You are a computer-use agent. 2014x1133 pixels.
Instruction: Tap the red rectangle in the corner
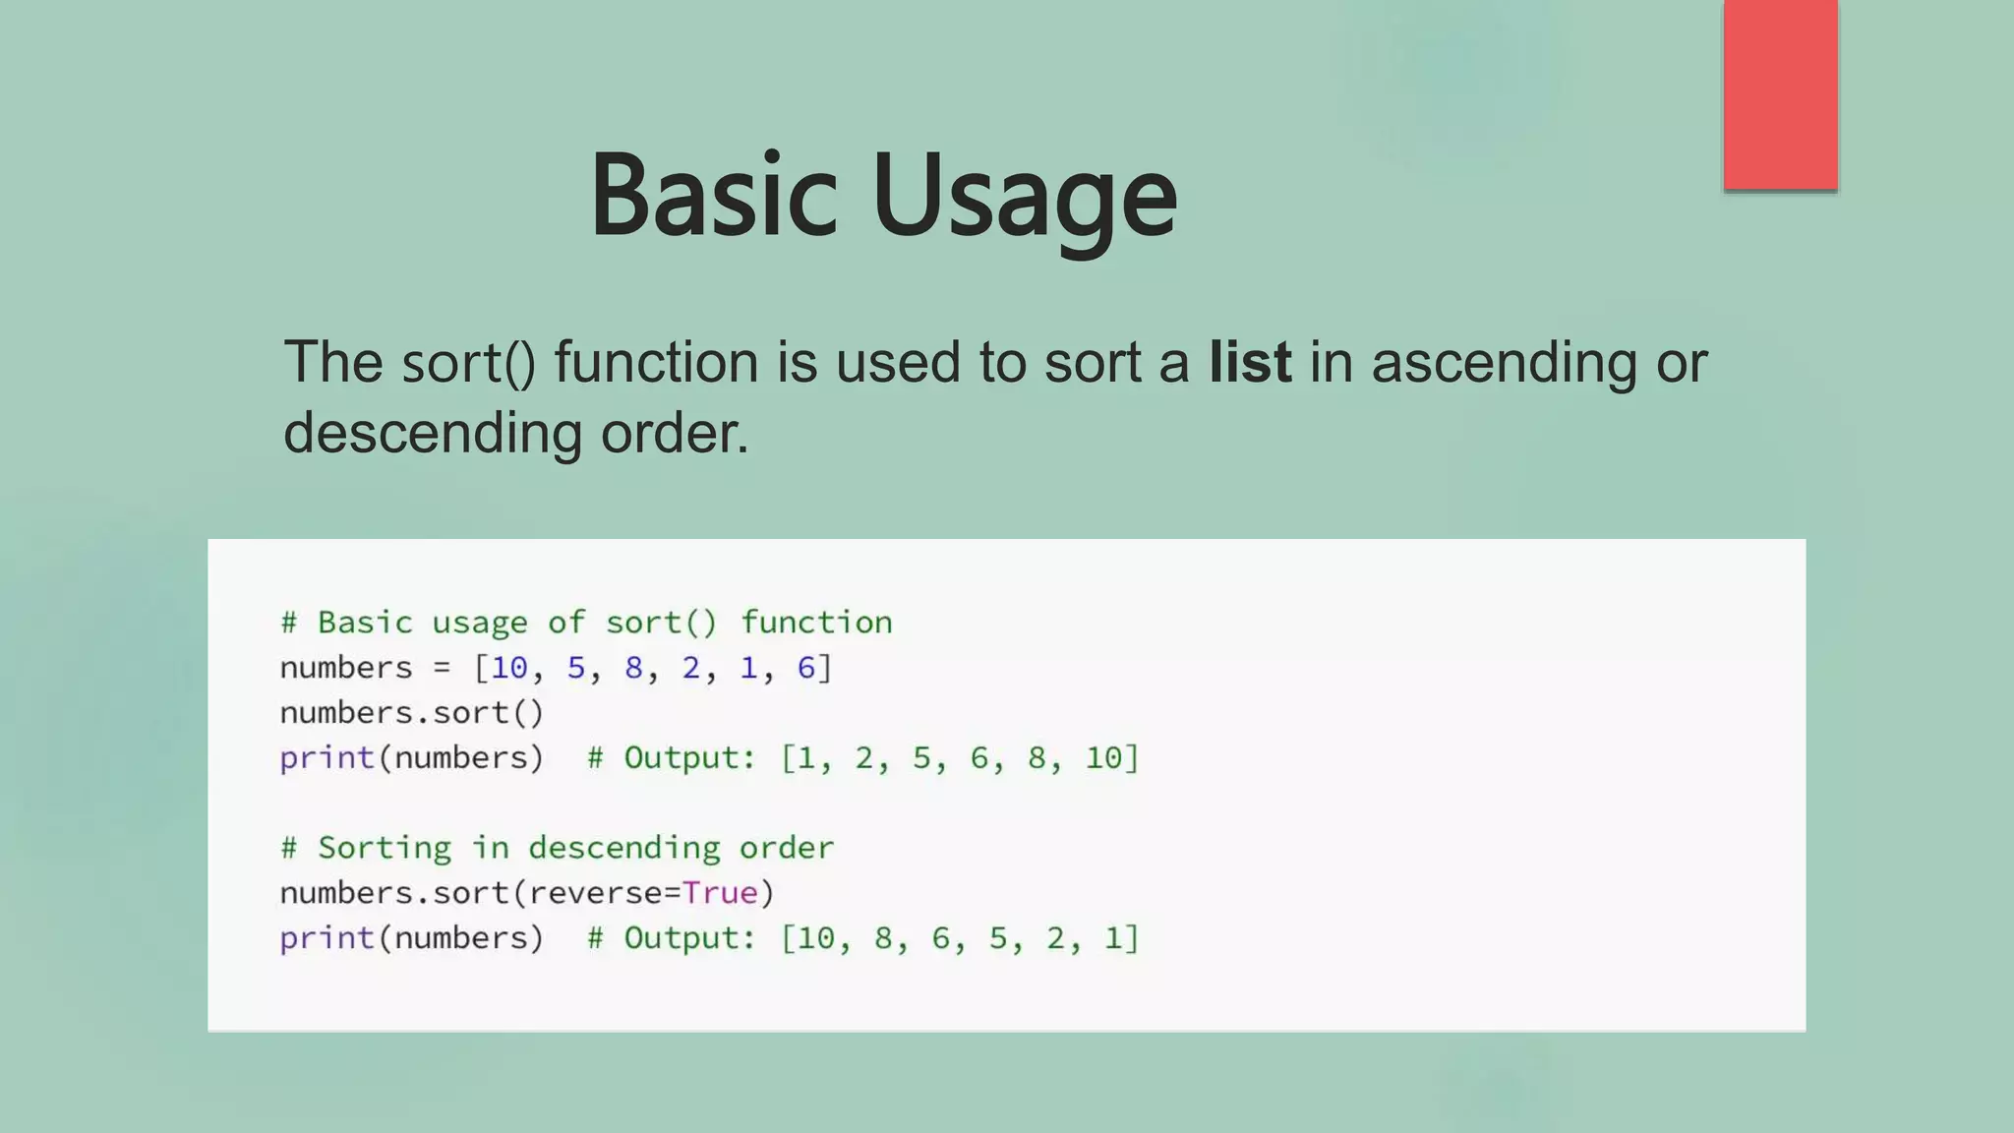coord(1780,94)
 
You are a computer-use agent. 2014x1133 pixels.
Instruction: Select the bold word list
coord(1249,362)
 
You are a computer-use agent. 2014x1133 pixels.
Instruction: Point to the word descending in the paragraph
coord(433,433)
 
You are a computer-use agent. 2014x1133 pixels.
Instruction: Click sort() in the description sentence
coord(468,364)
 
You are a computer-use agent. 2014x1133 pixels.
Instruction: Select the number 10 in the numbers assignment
coord(509,668)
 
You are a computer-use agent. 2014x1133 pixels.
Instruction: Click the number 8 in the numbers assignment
coord(633,668)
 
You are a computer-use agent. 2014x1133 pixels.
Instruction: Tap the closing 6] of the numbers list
coord(814,668)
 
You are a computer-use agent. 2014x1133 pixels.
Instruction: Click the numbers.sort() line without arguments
coord(411,713)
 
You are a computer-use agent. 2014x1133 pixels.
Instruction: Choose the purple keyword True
coord(720,893)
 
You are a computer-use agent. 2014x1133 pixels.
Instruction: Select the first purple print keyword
coord(326,758)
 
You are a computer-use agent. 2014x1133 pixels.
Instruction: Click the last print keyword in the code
coord(326,938)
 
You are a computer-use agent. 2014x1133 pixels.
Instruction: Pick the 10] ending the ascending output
coord(1111,758)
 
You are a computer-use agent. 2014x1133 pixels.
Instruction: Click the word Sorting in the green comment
coord(385,848)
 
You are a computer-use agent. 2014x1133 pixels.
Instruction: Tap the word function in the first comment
coord(816,623)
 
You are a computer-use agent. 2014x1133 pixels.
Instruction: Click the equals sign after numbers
coord(442,669)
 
